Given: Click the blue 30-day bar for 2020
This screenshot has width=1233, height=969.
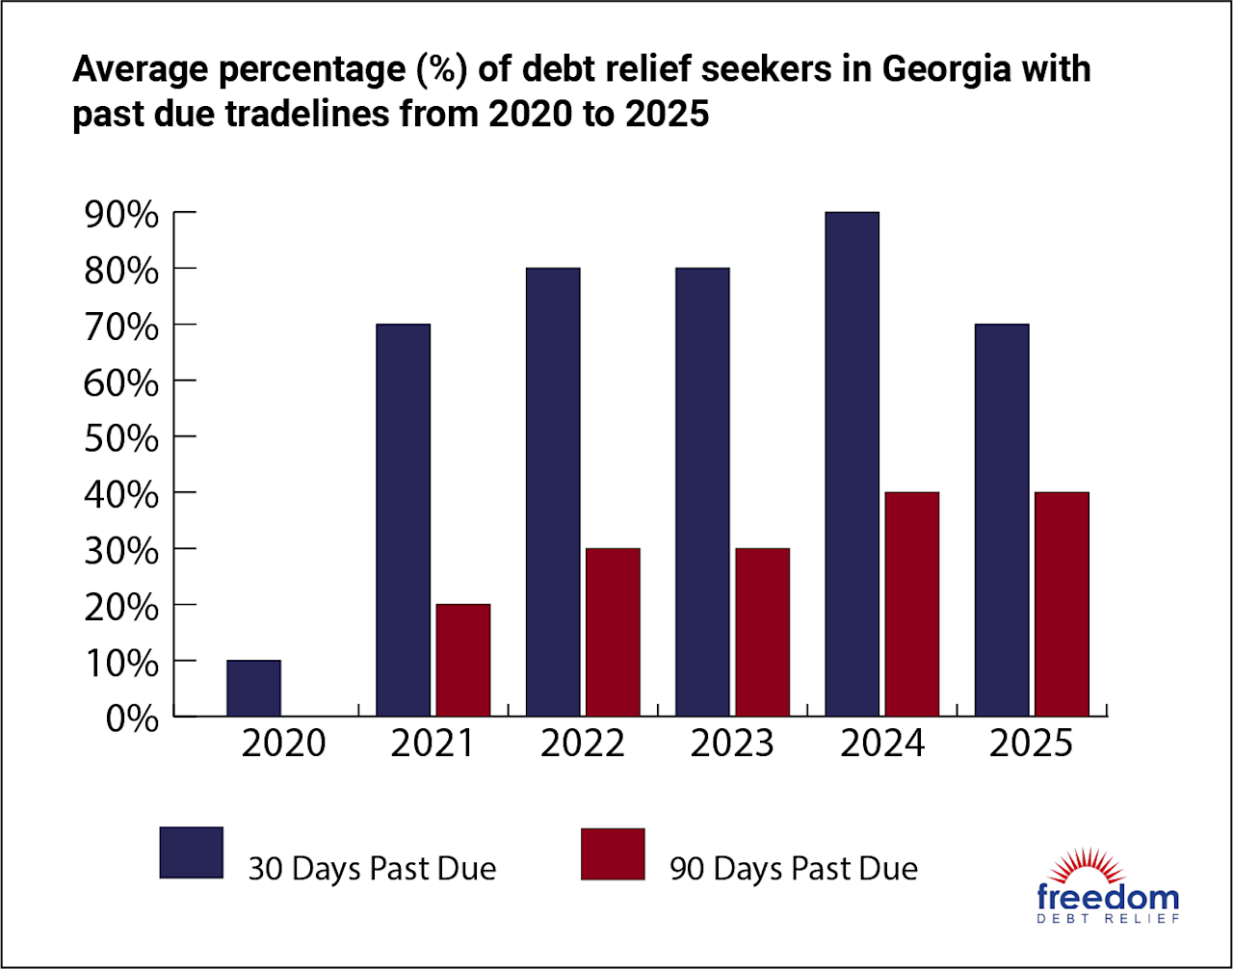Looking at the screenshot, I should (x=253, y=689).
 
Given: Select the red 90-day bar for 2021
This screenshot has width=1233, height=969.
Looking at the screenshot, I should (x=462, y=661).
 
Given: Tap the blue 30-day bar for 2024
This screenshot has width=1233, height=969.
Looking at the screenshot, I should (x=852, y=464).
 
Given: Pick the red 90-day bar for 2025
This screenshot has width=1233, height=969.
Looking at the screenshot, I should (x=1062, y=605).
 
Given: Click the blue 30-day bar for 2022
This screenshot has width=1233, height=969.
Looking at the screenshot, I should (x=552, y=492).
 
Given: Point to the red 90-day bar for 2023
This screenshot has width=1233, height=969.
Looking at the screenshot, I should (x=762, y=633).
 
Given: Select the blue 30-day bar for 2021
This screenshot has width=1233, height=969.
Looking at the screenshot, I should (x=403, y=520).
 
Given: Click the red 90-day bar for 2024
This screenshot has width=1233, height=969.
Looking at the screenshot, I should (x=911, y=605).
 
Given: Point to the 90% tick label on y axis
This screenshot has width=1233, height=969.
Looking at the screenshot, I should (x=121, y=215).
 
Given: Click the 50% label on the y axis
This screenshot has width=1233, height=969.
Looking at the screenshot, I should (x=121, y=439).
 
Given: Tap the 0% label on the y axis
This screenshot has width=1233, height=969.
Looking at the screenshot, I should (x=131, y=720).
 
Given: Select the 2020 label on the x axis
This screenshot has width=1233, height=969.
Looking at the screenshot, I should (x=283, y=745).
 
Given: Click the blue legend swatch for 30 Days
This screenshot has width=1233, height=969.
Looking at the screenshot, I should (x=191, y=852).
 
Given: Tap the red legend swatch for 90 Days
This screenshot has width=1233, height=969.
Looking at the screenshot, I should (x=613, y=853).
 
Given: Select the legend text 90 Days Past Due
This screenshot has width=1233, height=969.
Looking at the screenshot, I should (x=794, y=869).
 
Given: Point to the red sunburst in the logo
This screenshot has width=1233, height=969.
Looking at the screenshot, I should (x=1108, y=867).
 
